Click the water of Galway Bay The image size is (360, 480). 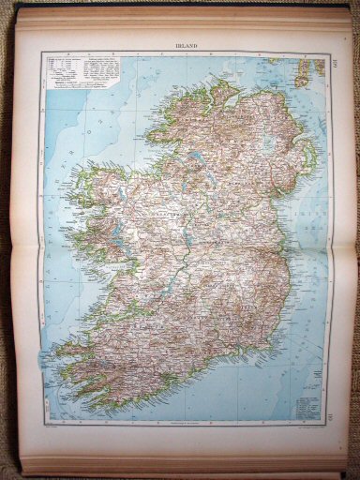(112, 253)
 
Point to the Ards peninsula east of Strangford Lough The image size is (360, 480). (312, 159)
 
